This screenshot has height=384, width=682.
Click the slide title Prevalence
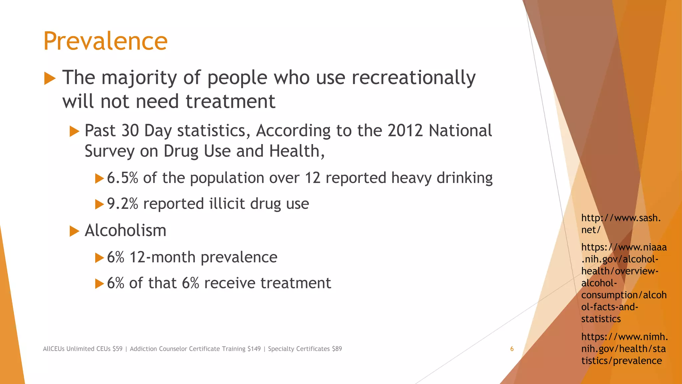point(105,41)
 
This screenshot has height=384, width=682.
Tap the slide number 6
point(512,349)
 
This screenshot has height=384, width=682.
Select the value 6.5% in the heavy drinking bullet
point(122,178)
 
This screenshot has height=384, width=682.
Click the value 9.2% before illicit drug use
point(122,204)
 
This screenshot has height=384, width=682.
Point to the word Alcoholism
point(126,231)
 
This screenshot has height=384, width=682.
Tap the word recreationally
point(414,78)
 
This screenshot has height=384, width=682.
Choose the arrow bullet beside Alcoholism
point(74,231)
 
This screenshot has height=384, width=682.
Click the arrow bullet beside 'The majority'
point(50,79)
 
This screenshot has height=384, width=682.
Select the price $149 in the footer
point(254,349)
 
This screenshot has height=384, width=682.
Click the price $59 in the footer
point(118,349)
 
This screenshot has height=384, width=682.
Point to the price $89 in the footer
point(337,349)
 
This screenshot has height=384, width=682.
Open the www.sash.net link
point(621,224)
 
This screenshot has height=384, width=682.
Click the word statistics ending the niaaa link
point(601,319)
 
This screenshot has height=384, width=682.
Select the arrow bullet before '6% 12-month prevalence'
point(99,258)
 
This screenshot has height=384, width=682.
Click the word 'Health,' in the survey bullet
point(297,151)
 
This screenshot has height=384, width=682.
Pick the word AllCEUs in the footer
point(54,349)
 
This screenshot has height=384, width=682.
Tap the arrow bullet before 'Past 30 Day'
point(74,131)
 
